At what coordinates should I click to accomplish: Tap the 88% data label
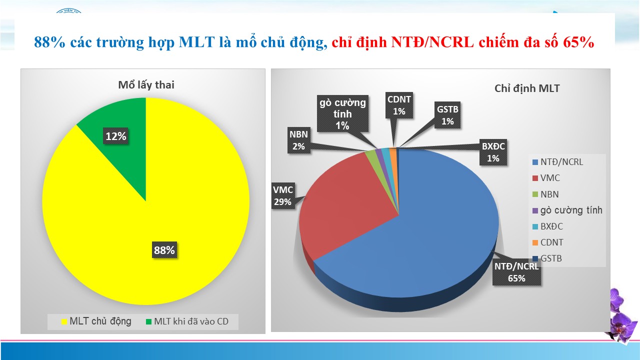pyautogui.click(x=164, y=250)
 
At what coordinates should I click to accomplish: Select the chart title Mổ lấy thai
pyautogui.click(x=146, y=85)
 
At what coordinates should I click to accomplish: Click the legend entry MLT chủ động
pyautogui.click(x=96, y=321)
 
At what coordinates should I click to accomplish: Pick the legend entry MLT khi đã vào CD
pyautogui.click(x=187, y=321)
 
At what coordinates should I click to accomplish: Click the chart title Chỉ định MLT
pyautogui.click(x=527, y=88)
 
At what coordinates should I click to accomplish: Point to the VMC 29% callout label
pyautogui.click(x=283, y=195)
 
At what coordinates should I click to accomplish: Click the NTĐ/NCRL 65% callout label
pyautogui.click(x=516, y=272)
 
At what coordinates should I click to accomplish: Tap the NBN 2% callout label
pyautogui.click(x=298, y=140)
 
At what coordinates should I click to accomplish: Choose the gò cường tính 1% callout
pyautogui.click(x=342, y=113)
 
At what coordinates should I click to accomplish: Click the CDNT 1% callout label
pyautogui.click(x=399, y=105)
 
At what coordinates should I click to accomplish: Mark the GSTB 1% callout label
pyautogui.click(x=447, y=115)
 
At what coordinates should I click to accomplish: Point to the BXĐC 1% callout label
pyautogui.click(x=493, y=152)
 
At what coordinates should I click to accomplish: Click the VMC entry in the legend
pyautogui.click(x=546, y=178)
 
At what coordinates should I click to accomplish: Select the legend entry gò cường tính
pyautogui.click(x=567, y=210)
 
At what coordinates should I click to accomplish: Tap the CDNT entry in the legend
pyautogui.click(x=547, y=242)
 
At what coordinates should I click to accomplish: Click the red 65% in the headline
pyautogui.click(x=579, y=42)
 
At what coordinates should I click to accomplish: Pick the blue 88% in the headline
pyautogui.click(x=49, y=42)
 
